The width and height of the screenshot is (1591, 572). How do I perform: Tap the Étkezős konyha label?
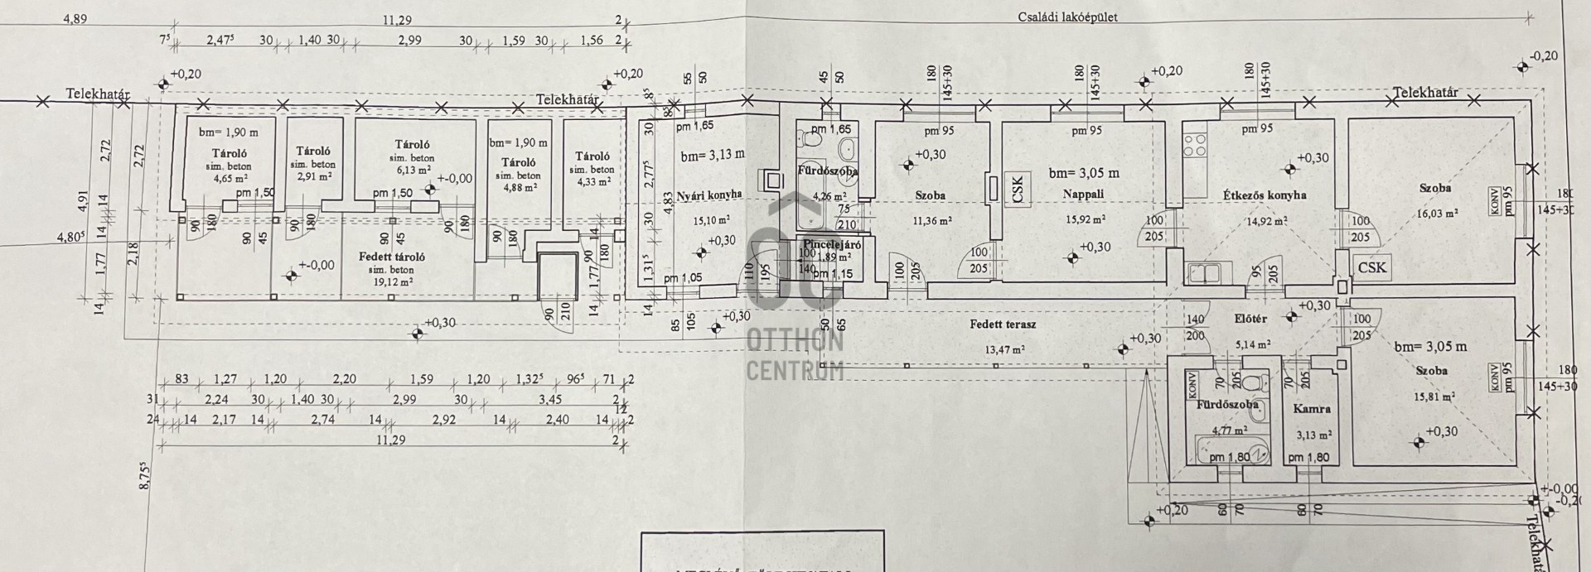click(1265, 195)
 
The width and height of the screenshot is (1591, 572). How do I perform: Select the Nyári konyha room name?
click(708, 195)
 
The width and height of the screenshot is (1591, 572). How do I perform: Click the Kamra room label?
click(1312, 408)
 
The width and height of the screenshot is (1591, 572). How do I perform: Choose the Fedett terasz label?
click(1003, 324)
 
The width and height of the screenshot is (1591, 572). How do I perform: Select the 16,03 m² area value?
click(1438, 214)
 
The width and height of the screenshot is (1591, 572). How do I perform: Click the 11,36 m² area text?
click(931, 221)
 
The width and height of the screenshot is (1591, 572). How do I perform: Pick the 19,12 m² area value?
click(392, 281)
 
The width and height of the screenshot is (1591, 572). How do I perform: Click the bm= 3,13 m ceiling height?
click(713, 155)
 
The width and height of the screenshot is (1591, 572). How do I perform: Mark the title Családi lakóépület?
click(1073, 17)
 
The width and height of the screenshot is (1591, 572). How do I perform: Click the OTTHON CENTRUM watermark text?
click(795, 354)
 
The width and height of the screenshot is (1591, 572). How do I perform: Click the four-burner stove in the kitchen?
click(1194, 146)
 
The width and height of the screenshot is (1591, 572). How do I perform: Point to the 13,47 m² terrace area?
click(1004, 349)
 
